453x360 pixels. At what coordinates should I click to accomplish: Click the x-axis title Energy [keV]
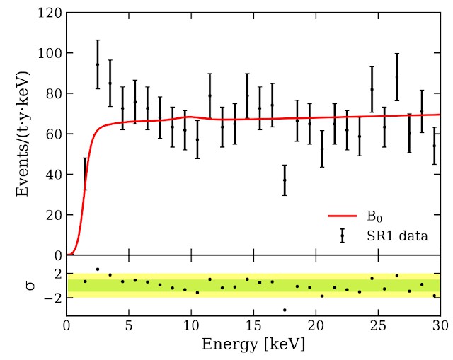(x=253, y=344)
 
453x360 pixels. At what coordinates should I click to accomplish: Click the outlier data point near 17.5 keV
(x=285, y=180)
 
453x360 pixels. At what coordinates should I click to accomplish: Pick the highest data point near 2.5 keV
(x=98, y=64)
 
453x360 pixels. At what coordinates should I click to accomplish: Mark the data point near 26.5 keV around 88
(x=397, y=76)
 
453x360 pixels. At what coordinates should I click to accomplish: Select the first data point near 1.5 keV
(x=85, y=173)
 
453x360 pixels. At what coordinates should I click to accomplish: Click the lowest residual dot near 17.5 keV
(x=285, y=310)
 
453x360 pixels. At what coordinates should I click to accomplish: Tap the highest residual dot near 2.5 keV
(x=98, y=269)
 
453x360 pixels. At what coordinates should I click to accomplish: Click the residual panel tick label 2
(x=57, y=273)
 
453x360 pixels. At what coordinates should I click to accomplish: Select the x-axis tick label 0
(x=67, y=327)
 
